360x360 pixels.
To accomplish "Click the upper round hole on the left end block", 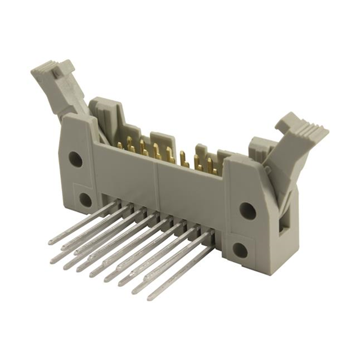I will (75, 159).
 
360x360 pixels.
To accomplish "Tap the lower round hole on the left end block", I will (85, 199).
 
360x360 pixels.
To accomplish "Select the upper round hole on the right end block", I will (247, 210).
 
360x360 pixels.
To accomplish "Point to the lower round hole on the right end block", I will (241, 250).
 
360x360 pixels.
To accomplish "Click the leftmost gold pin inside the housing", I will (120, 145).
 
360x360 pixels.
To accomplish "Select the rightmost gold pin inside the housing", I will (214, 167).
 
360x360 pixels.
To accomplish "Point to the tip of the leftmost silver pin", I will (51, 241).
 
